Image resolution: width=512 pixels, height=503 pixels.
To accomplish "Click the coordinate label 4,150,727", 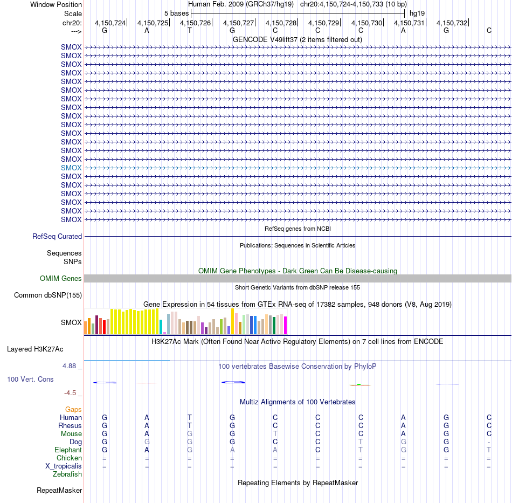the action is coord(238,23).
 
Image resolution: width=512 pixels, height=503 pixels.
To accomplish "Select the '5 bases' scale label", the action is coord(176,13).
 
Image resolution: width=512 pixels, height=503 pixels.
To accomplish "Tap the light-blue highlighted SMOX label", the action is coord(71,168).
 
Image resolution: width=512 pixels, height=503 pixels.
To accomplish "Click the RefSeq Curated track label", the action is coord(57,237).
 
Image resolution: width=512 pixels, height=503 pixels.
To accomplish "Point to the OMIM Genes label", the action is coord(61,279).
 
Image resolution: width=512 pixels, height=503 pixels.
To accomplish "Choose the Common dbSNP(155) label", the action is coord(48,295).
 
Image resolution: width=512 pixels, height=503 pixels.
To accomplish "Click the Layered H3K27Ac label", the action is coord(35,349).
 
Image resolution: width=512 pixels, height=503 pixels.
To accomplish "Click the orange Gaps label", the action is coord(73,410).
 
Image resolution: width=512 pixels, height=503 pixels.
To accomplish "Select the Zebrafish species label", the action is coord(67,474).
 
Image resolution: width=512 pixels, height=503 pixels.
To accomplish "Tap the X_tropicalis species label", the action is coord(64,466).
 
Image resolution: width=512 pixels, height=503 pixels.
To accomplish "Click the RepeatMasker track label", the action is coord(59,491).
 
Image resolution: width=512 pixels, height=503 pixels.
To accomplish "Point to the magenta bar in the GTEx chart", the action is coord(286,325).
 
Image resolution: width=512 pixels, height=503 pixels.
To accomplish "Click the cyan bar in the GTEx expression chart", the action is coord(161,327).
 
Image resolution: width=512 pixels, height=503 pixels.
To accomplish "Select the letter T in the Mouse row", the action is coord(275,434).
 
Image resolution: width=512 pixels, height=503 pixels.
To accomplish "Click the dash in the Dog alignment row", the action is coord(489,442).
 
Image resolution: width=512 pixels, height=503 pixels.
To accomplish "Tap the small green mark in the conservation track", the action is coord(359,384).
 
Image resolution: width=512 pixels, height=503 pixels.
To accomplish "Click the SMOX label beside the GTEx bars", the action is coord(71,323).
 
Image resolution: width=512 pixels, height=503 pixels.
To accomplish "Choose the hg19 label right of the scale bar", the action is coord(417,13).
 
